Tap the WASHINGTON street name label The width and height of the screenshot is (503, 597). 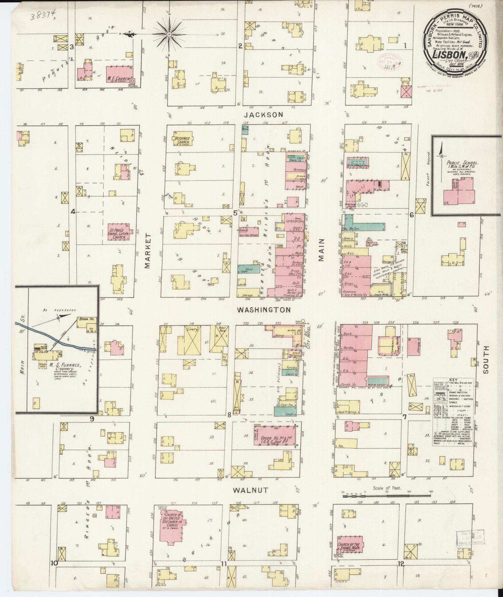(264, 310)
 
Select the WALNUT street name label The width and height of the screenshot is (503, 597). (250, 490)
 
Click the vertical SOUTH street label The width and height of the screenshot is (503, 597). (486, 359)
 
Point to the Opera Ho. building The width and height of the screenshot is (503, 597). (275, 435)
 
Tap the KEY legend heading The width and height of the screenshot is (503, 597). (453, 380)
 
